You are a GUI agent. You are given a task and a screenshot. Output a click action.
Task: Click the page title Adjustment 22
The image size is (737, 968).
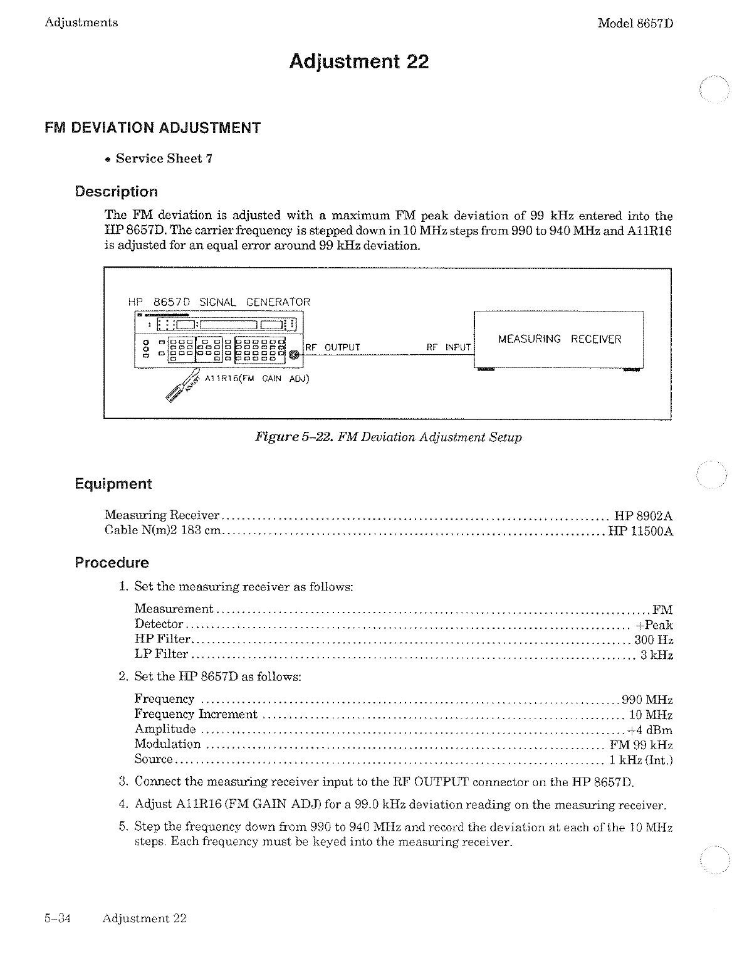coord(358,61)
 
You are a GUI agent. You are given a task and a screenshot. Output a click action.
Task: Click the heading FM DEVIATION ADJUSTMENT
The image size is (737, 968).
coord(152,128)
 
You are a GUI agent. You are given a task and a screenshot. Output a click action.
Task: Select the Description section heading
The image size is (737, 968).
coord(116,192)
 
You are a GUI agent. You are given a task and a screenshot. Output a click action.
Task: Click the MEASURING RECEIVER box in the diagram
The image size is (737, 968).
coord(559,339)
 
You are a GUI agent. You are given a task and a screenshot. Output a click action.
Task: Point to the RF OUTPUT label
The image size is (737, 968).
coord(332,347)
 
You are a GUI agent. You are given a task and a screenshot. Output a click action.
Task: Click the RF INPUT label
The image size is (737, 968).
coord(448,347)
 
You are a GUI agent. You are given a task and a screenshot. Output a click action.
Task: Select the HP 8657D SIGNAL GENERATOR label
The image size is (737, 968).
coord(219,302)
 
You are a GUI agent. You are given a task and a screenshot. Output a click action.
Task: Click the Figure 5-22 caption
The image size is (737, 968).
coord(387,437)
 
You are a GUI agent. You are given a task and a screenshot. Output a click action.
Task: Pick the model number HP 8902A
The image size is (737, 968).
coord(643,516)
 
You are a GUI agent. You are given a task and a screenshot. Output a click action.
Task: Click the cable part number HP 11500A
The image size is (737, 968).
coord(640,531)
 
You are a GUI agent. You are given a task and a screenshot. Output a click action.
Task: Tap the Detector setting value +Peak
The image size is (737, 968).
coord(654,625)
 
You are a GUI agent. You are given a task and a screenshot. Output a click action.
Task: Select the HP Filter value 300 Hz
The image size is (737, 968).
coord(654,640)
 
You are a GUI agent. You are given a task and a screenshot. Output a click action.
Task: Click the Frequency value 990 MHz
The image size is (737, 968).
coord(647,700)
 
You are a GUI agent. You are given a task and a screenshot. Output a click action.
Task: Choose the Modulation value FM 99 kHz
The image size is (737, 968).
coord(641,745)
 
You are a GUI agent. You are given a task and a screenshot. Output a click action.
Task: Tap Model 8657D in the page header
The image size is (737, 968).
coord(635,23)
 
